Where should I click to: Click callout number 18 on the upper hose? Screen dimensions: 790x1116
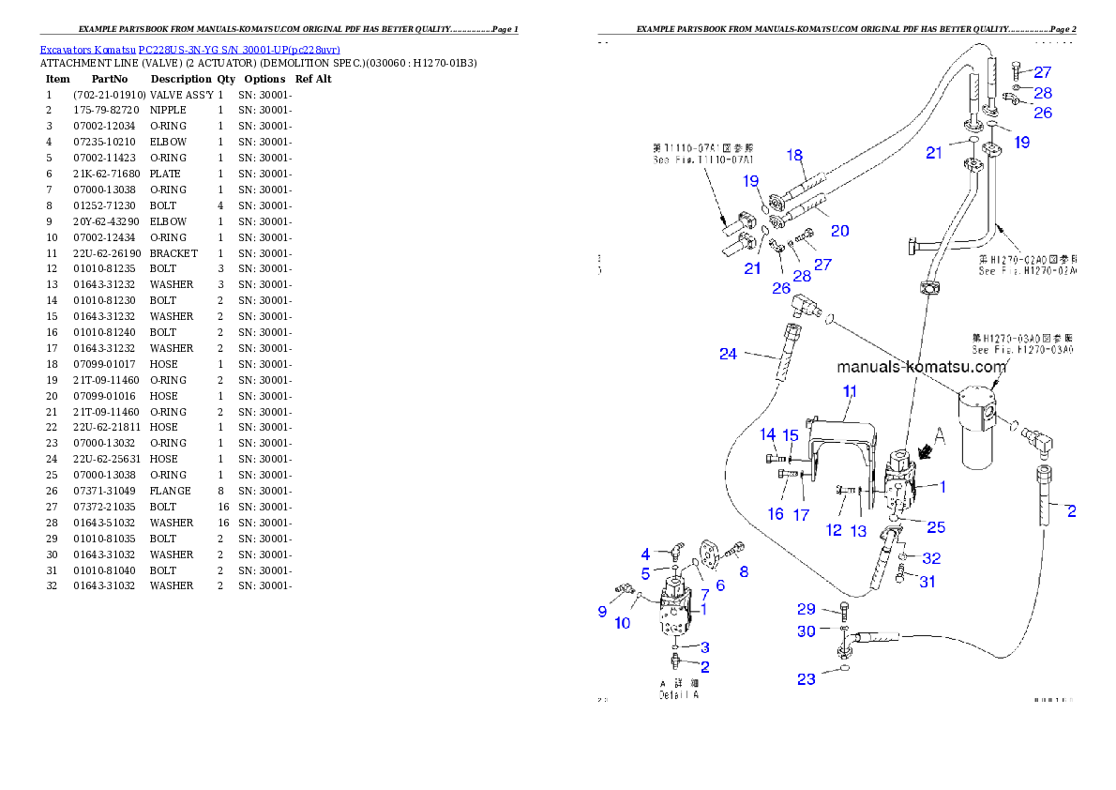pos(794,155)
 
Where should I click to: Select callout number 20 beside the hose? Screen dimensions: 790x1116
pos(840,230)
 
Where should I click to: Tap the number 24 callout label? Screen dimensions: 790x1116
pos(729,354)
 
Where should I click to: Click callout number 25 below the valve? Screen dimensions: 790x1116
pos(936,526)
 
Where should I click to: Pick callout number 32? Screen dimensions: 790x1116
pos(931,558)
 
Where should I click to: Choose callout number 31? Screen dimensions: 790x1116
pos(927,582)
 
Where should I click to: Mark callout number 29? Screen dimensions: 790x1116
pos(807,609)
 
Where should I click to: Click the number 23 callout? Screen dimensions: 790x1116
pos(807,679)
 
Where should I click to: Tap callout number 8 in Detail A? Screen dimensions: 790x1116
pos(744,570)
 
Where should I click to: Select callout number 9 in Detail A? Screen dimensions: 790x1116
pos(602,611)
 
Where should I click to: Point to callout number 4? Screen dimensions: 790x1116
pos(645,554)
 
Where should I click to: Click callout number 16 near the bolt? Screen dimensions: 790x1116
pos(776,514)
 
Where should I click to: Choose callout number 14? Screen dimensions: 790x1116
pos(768,434)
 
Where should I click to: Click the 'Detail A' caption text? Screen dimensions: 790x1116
pos(679,694)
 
